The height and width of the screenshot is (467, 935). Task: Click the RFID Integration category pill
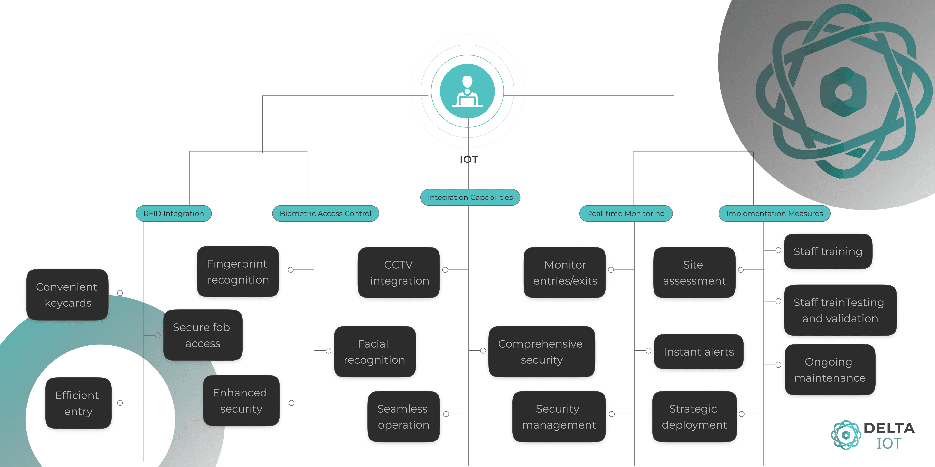[174, 214]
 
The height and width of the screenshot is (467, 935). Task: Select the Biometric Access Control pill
[326, 214]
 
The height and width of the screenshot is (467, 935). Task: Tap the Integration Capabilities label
[470, 198]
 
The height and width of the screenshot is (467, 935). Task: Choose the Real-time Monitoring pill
[626, 214]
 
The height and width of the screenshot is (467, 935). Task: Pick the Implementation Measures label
[774, 214]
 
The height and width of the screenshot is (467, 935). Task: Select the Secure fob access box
[203, 335]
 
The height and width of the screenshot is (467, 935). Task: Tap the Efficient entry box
[78, 403]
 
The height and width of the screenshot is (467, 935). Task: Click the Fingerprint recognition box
[238, 272]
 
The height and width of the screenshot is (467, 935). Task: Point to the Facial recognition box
[374, 352]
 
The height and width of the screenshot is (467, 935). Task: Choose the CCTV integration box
[399, 273]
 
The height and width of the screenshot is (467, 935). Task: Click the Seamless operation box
[403, 417]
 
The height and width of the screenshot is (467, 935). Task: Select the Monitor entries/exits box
[565, 273]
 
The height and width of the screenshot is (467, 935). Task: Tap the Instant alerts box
[698, 352]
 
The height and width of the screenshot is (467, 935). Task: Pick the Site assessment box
[694, 273]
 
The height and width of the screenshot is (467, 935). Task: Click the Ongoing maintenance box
[830, 370]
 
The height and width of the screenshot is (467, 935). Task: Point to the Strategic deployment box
[694, 417]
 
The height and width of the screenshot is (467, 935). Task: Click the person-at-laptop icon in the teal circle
[467, 91]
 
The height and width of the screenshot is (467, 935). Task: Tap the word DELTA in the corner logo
[889, 428]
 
